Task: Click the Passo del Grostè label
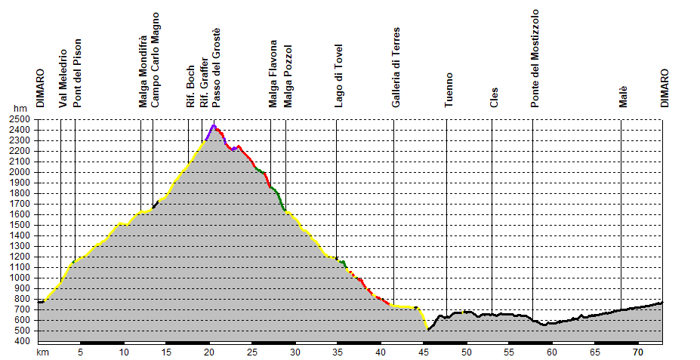coord(216,67)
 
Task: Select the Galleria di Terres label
coord(396,68)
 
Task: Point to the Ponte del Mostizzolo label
coord(535,59)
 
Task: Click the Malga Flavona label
coord(273,74)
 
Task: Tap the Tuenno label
coord(449,91)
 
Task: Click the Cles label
coord(495,99)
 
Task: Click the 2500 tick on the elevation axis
coord(20,119)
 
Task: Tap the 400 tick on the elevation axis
coord(22,341)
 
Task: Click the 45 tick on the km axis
coord(425,352)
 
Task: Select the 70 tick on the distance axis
coord(637,352)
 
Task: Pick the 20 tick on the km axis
coord(209,352)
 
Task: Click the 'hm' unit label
coord(18,109)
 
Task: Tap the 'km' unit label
coord(43,352)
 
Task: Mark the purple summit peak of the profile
coord(214,125)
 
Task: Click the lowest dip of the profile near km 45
coord(428,330)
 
